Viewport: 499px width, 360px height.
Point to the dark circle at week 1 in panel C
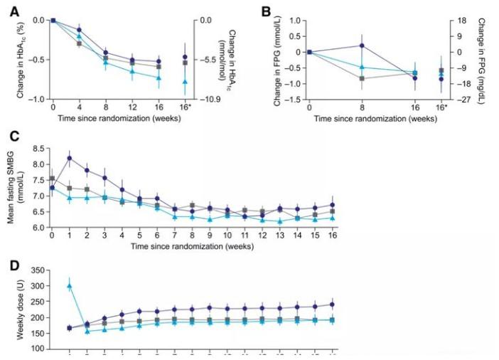(x=70, y=158)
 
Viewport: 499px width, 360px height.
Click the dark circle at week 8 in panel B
(x=362, y=46)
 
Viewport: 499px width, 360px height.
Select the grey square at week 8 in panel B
(x=362, y=78)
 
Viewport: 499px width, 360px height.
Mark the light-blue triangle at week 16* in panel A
(x=185, y=82)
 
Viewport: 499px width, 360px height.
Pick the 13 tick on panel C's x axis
(x=279, y=235)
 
